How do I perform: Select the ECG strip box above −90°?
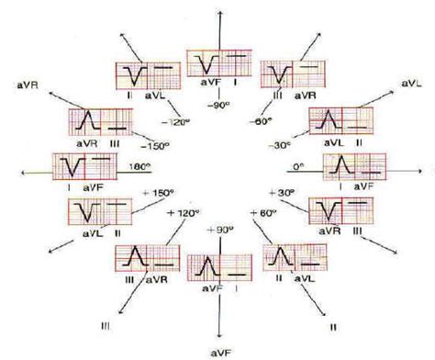coord(217,66)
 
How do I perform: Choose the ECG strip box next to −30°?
coord(337,123)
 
